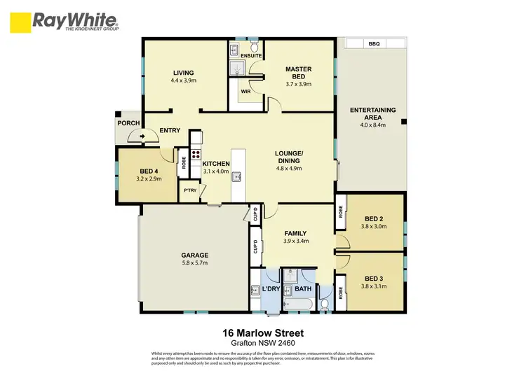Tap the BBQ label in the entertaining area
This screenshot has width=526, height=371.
tap(374, 44)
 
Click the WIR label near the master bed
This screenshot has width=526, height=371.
tap(245, 91)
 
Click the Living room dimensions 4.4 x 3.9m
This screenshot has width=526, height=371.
tap(184, 80)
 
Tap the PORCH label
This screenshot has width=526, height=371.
tap(128, 123)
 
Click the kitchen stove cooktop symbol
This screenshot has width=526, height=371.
tap(196, 155)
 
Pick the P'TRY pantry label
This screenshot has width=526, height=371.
tap(189, 190)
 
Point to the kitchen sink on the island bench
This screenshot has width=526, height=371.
tap(238, 176)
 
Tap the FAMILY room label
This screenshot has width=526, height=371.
tap(296, 234)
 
